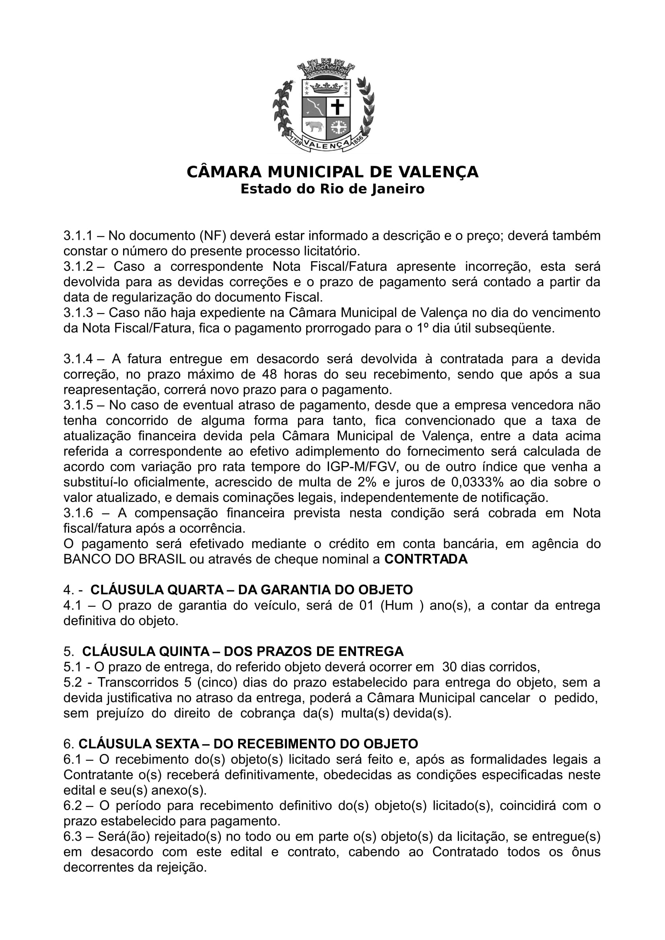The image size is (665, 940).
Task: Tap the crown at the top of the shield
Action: pos(326,87)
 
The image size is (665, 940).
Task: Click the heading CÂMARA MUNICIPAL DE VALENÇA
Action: pos(332,172)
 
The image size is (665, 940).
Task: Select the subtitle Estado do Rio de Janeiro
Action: pos(332,189)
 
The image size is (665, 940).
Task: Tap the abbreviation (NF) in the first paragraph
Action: pos(213,236)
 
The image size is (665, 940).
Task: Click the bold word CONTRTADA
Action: pos(426,559)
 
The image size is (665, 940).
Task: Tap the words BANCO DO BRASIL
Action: pos(125,559)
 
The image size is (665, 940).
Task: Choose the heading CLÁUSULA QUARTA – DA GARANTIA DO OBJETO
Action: pos(251,590)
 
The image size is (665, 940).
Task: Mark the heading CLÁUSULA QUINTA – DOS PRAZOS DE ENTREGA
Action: pos(243,651)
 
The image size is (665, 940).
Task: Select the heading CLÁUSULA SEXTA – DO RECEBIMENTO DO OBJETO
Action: pos(248,744)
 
